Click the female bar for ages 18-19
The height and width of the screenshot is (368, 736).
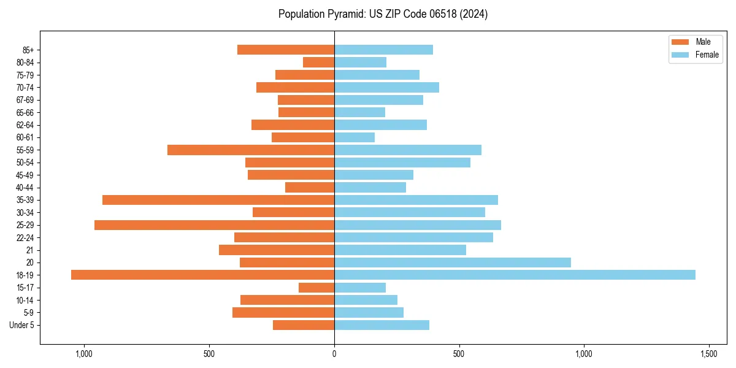pyautogui.click(x=515, y=275)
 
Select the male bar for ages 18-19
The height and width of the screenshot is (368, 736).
pyautogui.click(x=202, y=275)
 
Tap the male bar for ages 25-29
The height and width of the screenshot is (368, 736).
pyautogui.click(x=214, y=225)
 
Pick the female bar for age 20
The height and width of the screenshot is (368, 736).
pyautogui.click(x=452, y=263)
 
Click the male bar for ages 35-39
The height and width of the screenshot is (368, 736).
pyautogui.click(x=218, y=200)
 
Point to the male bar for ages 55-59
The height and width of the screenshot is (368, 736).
pyautogui.click(x=251, y=150)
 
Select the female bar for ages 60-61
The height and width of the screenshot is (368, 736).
pyautogui.click(x=355, y=137)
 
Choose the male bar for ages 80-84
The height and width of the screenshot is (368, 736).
pyautogui.click(x=318, y=62)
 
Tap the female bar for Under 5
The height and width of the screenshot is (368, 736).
pyautogui.click(x=381, y=325)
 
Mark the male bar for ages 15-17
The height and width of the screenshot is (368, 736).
pyautogui.click(x=316, y=288)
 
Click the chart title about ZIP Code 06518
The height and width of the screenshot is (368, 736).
pyautogui.click(x=383, y=14)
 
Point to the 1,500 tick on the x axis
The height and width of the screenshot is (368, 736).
pyautogui.click(x=708, y=354)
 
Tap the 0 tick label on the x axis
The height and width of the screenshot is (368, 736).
pyautogui.click(x=334, y=354)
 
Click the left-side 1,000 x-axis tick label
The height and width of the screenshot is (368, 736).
pyautogui.click(x=83, y=354)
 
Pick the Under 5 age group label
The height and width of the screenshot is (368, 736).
pyautogui.click(x=21, y=325)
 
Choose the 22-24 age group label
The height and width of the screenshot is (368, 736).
pyautogui.click(x=25, y=237)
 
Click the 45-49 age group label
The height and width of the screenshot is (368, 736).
pyautogui.click(x=25, y=175)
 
